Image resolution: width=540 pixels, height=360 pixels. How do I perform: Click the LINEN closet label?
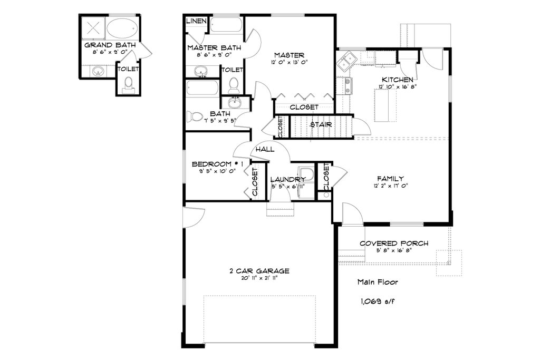(196, 21)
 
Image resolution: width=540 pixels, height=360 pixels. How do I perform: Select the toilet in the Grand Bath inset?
(129, 85)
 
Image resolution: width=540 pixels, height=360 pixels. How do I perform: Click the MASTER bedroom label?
(290, 55)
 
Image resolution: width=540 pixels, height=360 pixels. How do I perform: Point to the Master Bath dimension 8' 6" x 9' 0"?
(214, 54)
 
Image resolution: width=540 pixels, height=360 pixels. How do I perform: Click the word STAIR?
(321, 124)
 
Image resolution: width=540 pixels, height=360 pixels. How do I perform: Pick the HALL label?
(265, 149)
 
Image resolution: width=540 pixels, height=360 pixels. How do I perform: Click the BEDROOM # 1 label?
(217, 164)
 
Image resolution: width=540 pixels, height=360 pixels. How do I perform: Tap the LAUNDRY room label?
(287, 180)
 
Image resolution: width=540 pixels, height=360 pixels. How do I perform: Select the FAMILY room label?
(390, 179)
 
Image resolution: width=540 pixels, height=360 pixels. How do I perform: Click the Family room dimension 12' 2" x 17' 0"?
(390, 186)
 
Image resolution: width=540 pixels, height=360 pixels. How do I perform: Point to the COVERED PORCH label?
(394, 244)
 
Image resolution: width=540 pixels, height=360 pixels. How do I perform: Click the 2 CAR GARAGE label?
(259, 271)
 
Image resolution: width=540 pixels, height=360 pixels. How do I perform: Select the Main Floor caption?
(378, 282)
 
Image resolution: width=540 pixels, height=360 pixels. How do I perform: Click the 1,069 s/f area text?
(378, 301)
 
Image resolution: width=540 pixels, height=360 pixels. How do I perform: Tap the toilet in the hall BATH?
(194, 116)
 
